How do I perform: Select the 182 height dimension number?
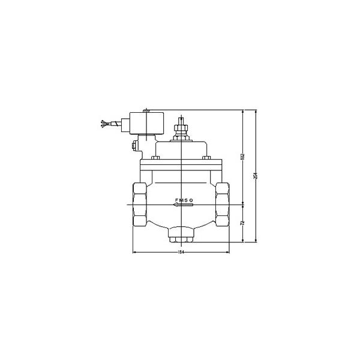point(241,157)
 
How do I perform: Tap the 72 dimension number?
point(241,223)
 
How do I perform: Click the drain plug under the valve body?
point(180,238)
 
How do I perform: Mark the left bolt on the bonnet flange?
point(155,158)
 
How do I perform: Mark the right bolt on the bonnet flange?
point(205,158)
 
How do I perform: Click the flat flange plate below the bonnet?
point(180,163)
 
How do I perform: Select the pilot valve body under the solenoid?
point(145,145)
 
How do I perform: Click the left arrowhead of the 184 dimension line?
point(134,253)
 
